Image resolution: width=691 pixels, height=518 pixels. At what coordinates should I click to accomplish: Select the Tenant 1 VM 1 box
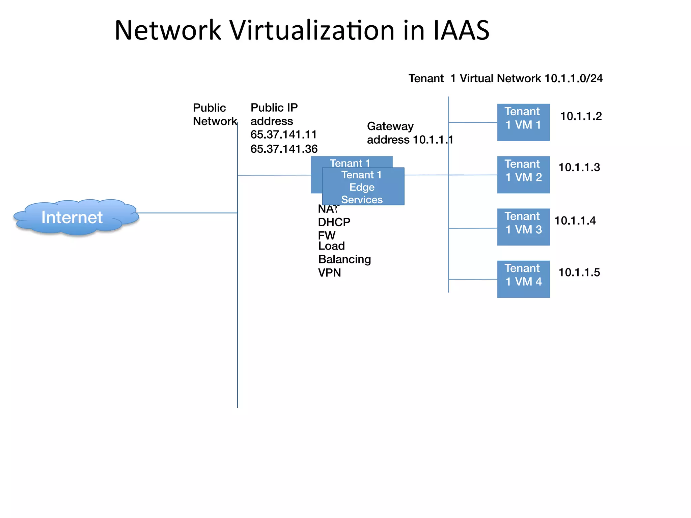click(523, 122)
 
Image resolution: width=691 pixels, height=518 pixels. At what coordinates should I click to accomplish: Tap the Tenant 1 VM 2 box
click(523, 174)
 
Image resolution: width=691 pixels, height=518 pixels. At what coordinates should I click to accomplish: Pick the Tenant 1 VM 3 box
click(523, 227)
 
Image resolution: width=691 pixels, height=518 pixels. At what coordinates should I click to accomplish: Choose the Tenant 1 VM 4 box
click(523, 279)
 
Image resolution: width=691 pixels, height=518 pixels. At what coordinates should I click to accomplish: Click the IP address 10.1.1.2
click(581, 116)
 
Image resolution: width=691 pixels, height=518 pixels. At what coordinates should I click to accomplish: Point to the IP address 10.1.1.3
click(579, 168)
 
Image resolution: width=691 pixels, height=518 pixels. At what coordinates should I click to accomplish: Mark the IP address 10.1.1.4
click(575, 221)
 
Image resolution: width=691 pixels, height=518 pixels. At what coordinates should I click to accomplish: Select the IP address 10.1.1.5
click(579, 272)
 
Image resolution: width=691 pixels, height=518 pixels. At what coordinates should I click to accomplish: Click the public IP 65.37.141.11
click(283, 135)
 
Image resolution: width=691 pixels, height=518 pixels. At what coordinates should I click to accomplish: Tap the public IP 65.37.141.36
click(284, 149)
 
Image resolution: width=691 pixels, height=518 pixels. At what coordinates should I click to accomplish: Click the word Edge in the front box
click(362, 187)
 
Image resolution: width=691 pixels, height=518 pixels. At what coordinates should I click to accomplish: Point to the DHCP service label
click(334, 222)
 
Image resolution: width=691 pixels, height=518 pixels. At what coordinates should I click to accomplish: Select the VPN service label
click(329, 272)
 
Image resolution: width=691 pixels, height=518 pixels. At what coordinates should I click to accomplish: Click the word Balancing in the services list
click(344, 259)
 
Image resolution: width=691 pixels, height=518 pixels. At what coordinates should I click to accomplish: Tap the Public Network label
click(215, 114)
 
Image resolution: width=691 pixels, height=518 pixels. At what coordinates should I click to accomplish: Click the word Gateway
click(390, 126)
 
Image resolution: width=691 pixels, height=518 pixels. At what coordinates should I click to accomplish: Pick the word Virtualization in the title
click(312, 30)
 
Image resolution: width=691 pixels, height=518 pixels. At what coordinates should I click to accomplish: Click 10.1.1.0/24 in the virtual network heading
click(573, 78)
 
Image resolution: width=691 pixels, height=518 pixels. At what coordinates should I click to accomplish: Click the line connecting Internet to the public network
click(187, 213)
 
